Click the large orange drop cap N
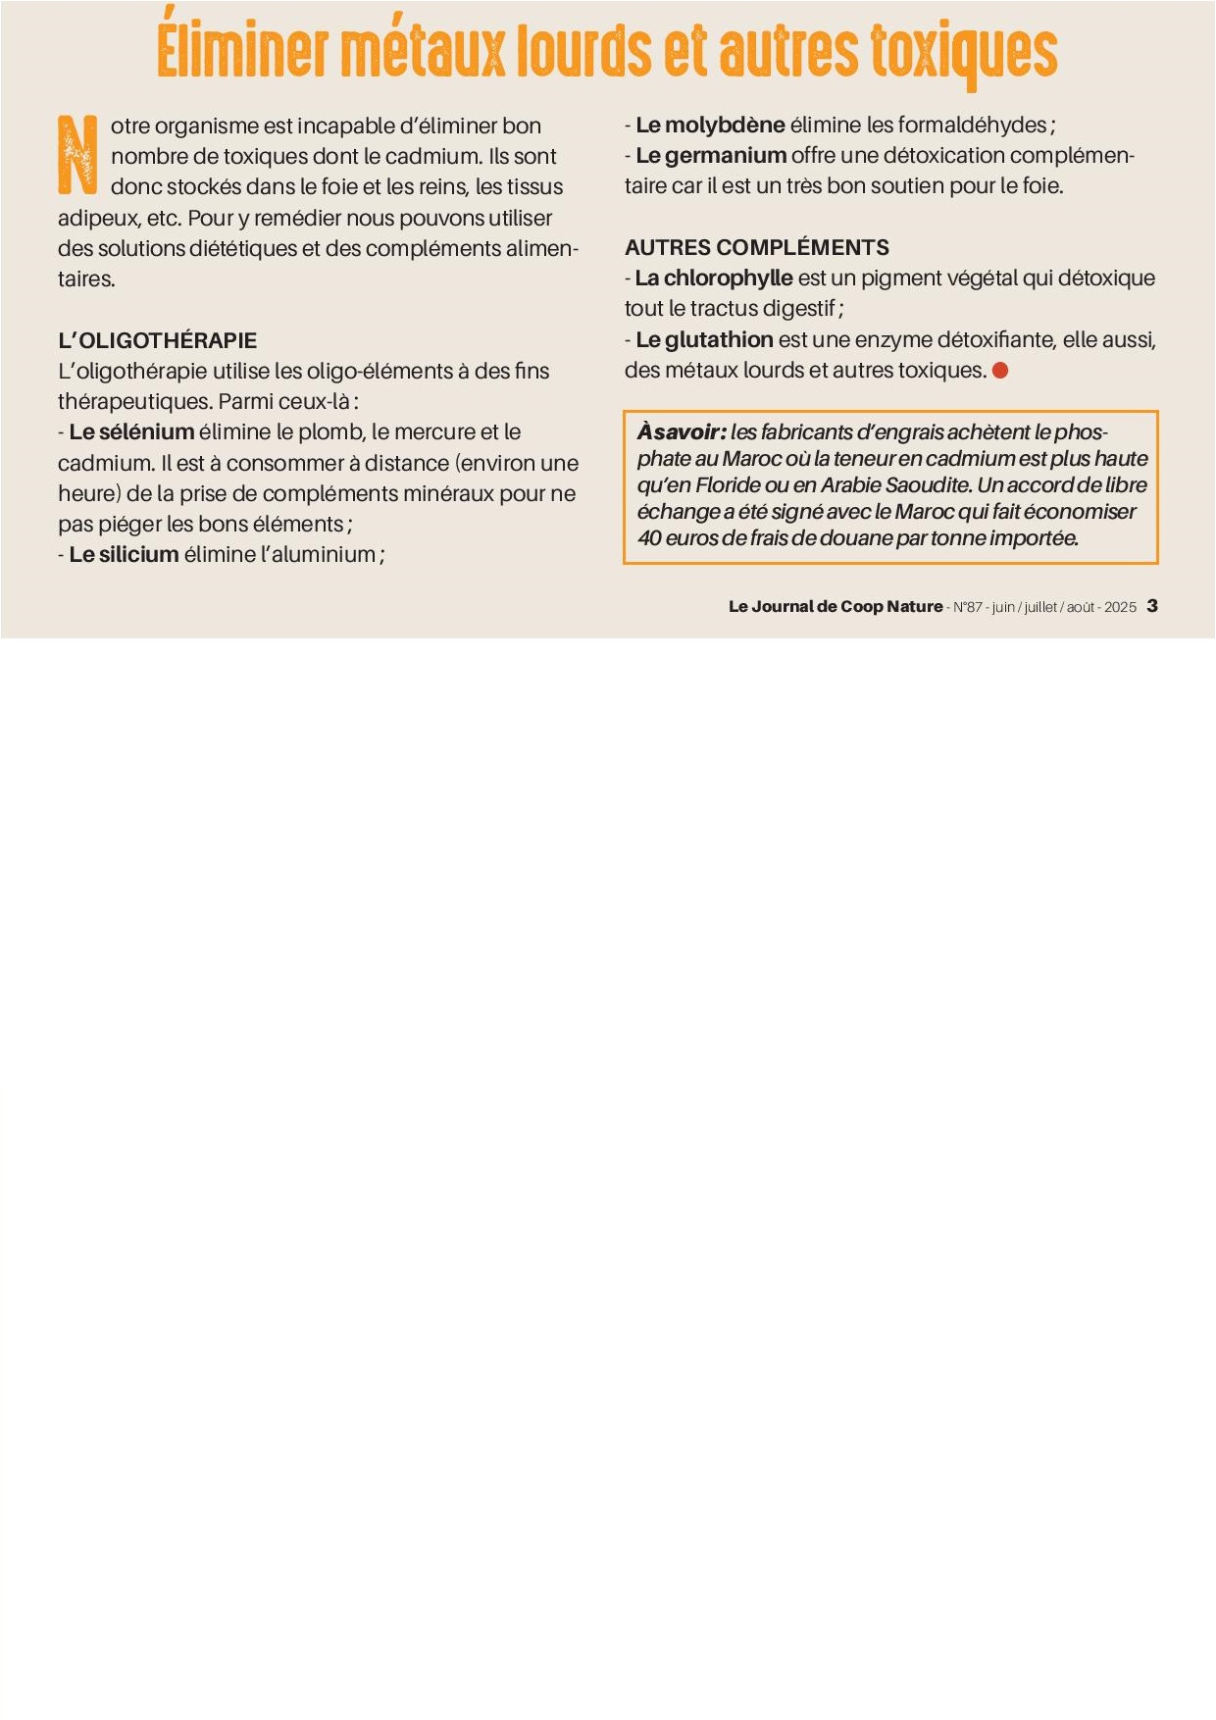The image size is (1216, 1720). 77,154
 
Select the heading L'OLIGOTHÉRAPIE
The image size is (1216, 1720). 157,340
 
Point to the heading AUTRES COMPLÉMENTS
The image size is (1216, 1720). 756,247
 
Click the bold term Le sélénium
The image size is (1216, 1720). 131,431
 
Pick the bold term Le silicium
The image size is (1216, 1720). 124,554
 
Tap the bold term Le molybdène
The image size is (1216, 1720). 710,125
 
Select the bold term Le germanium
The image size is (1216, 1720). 711,155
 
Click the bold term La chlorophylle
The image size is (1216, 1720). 714,278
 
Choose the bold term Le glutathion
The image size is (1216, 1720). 704,339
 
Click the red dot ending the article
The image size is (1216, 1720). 1000,371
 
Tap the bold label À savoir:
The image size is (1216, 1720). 682,431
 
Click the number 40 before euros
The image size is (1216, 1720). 649,537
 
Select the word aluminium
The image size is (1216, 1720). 323,554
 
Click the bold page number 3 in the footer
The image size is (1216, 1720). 1152,606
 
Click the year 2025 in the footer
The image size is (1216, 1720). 1120,607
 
